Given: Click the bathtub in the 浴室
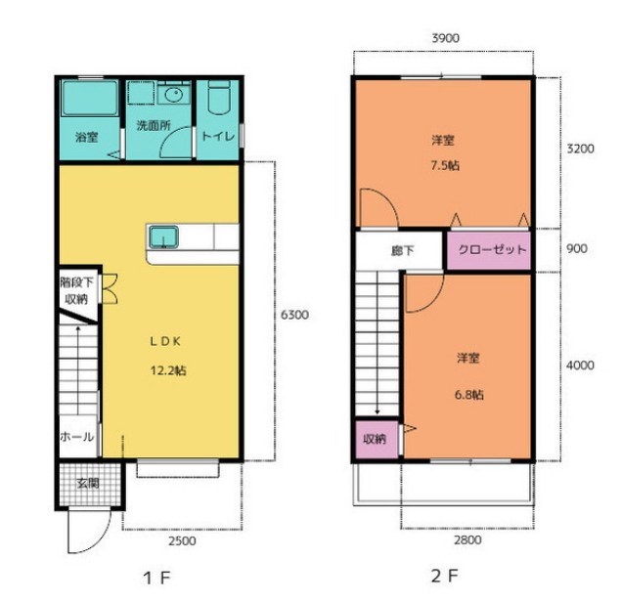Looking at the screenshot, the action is tap(90, 98).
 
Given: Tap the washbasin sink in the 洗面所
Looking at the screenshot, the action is tap(174, 95).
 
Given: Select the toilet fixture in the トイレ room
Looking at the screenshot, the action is tap(219, 98).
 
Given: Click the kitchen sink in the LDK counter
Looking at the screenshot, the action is tap(163, 237).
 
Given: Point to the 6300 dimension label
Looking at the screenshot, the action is tap(294, 315).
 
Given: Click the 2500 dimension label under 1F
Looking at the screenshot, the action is tap(182, 540).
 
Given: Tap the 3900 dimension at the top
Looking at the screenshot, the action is tap(446, 38).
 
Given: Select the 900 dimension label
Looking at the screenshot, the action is tap(577, 248).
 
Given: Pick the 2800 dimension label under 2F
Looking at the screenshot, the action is tap(467, 539).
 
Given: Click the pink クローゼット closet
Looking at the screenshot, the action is tap(489, 250).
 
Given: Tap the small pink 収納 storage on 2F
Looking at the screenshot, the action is tap(376, 440).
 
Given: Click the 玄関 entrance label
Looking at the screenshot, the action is tap(88, 483).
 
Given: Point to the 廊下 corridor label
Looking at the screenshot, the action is tap(403, 250).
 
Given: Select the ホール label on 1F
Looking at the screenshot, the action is tap(77, 437).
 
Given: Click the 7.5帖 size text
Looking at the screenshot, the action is tap(445, 165).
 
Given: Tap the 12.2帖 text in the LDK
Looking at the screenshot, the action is tap(168, 370).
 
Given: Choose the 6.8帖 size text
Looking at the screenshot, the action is tap(469, 395).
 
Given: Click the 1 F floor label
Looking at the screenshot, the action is tap(156, 579).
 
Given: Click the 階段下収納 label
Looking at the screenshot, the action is tap(76, 290).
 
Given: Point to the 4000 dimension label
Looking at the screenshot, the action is tap(580, 365).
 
